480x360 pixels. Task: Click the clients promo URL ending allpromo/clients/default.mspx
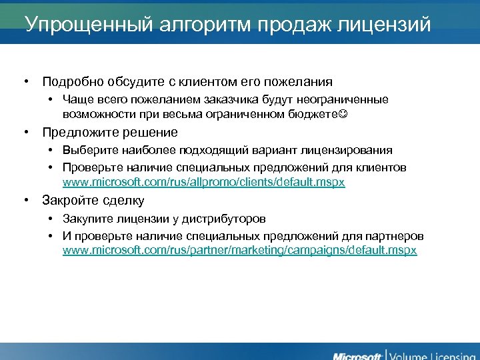click(203, 182)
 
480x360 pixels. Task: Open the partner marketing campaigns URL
click(239, 250)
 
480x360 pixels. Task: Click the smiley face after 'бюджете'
click(343, 115)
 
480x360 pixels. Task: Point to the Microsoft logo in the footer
click(357, 353)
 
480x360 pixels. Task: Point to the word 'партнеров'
click(394, 236)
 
